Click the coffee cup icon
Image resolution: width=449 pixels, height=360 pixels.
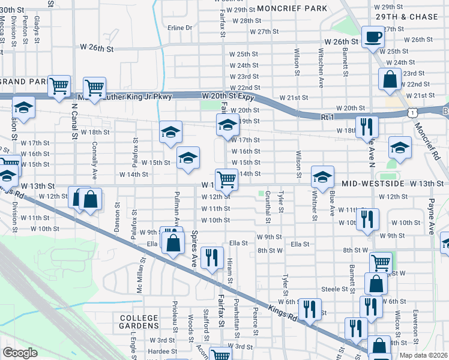(x=373, y=36)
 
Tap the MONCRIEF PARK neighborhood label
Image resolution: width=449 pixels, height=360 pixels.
(x=292, y=8)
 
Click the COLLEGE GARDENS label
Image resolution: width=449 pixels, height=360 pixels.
(x=139, y=322)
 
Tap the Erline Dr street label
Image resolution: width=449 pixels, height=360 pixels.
(x=179, y=28)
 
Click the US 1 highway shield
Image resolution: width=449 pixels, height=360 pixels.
(x=411, y=112)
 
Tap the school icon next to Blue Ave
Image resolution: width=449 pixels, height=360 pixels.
(x=322, y=176)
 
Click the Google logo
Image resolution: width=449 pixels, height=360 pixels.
(x=20, y=353)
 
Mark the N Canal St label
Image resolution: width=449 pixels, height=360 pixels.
(x=74, y=120)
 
